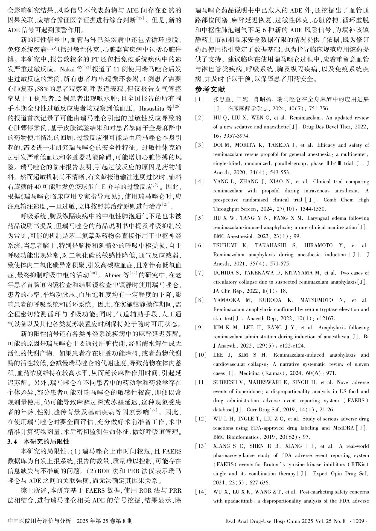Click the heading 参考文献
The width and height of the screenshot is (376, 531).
[210, 89]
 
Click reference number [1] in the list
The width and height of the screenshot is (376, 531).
[199, 99]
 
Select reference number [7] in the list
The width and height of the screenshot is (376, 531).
[199, 273]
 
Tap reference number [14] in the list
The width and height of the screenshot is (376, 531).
[200, 492]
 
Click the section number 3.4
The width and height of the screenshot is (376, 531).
[13, 441]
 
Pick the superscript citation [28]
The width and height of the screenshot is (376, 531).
[93, 273]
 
